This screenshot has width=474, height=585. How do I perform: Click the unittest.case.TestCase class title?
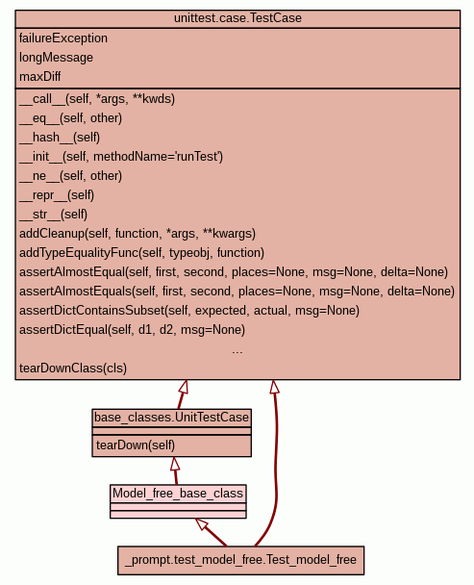click(237, 18)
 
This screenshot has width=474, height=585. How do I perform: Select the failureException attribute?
click(63, 38)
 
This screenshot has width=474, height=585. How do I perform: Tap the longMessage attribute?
click(56, 58)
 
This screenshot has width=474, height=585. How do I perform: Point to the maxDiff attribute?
click(40, 76)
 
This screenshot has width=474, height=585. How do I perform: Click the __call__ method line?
click(97, 99)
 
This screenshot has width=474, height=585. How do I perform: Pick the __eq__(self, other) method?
click(70, 118)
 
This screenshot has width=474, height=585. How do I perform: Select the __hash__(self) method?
click(60, 138)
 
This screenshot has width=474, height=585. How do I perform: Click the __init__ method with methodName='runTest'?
click(121, 157)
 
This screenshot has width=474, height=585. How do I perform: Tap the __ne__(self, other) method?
click(70, 176)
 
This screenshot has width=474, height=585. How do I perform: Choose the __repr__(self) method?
click(57, 195)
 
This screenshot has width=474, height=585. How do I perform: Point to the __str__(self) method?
click(53, 215)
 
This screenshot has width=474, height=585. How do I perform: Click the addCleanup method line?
click(137, 234)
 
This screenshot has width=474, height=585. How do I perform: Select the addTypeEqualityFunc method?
click(141, 253)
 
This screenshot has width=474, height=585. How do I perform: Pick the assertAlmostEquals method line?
click(237, 292)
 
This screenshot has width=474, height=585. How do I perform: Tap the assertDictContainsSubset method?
click(189, 311)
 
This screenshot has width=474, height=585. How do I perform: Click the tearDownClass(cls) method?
click(73, 369)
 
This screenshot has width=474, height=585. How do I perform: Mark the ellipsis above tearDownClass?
click(237, 352)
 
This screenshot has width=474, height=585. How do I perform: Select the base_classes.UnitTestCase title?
click(171, 418)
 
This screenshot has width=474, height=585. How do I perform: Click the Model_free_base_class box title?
click(178, 494)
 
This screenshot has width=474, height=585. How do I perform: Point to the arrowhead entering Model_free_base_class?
click(202, 523)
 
